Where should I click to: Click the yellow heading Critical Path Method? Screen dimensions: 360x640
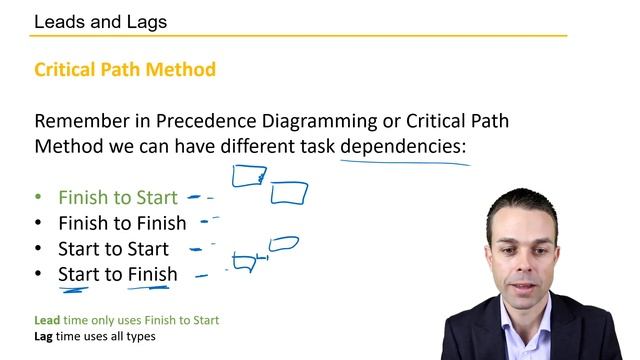point(124,70)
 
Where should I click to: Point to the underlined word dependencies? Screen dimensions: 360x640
point(403,147)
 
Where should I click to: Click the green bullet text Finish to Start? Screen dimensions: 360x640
point(118,198)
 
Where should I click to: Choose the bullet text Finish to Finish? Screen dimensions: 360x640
point(122,223)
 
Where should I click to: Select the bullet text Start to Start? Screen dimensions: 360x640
point(113,249)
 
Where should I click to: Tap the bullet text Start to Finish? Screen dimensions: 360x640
point(118,274)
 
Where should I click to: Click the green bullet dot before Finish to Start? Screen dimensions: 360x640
point(39,198)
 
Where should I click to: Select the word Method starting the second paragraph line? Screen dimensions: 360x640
point(66,147)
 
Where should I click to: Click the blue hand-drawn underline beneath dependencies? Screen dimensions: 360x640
point(405,160)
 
